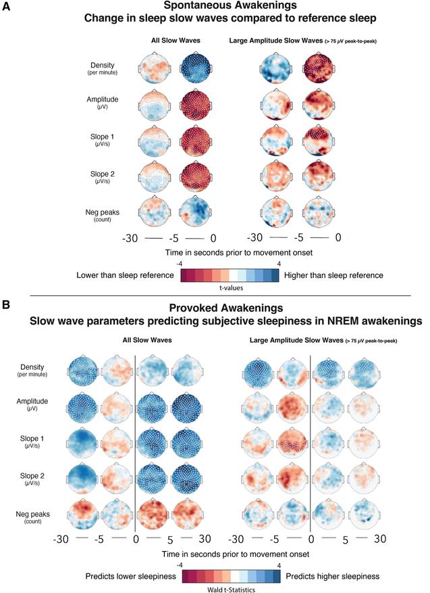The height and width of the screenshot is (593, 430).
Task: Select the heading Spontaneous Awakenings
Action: pyautogui.click(x=215, y=7)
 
